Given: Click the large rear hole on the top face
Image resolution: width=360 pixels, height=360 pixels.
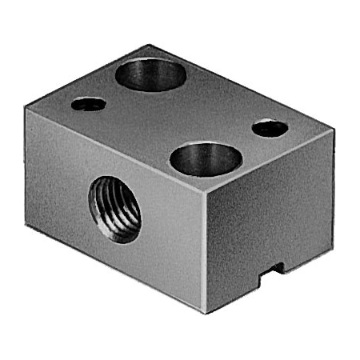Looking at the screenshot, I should pos(151,74).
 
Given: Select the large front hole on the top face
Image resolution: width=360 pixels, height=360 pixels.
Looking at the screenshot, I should pos(206,158).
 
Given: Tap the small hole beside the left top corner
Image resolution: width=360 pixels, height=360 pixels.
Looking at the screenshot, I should pos(88,104).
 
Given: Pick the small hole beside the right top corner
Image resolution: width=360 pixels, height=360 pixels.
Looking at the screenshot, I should pos(270,128).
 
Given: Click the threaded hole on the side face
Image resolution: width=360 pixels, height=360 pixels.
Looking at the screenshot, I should pos(115,210).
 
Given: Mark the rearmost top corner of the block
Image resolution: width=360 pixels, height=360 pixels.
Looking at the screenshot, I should pos(150,46).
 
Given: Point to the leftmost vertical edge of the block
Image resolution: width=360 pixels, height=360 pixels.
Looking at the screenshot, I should pos(26,166).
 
